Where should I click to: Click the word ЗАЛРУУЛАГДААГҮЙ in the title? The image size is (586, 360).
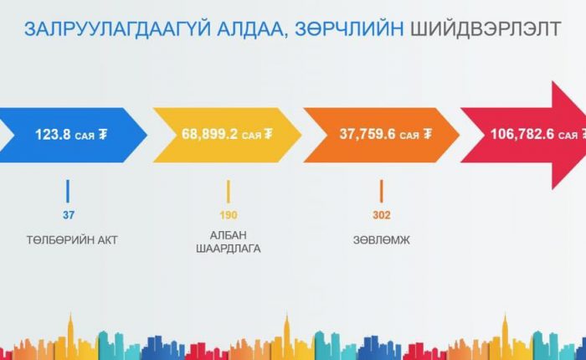[x=117, y=29]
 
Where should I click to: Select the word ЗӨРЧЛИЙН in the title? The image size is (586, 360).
[x=349, y=29]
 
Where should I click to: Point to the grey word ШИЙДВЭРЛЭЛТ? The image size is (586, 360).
[x=486, y=29]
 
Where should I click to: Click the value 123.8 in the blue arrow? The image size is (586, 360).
[x=53, y=134]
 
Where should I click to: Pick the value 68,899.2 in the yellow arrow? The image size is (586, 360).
[x=209, y=134]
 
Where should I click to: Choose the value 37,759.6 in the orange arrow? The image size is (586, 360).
[x=367, y=134]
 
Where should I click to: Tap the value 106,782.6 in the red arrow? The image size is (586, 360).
[x=522, y=134]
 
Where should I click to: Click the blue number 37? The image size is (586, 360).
[x=69, y=215]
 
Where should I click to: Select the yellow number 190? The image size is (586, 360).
[x=229, y=215]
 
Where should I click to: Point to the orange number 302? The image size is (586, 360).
[x=381, y=215]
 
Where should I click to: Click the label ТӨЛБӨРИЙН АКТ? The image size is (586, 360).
[x=72, y=240]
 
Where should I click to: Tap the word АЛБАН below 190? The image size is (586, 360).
[x=229, y=235]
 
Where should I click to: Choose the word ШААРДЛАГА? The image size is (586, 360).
[x=229, y=249]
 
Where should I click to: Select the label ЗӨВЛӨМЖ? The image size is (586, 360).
[x=381, y=240]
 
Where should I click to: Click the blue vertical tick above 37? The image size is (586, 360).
[x=68, y=192]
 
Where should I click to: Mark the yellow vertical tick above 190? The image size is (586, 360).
[x=229, y=192]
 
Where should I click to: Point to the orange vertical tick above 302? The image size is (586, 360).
[x=381, y=192]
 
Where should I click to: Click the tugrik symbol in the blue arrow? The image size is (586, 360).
[x=103, y=134]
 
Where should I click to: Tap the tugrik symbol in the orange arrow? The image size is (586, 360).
[x=428, y=134]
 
